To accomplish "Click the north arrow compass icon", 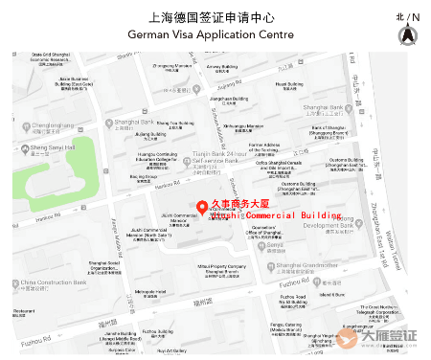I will pos(407,34).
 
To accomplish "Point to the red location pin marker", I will pos(201,208).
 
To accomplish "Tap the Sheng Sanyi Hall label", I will pos(54,147).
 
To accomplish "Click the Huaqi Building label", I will pos(289,85).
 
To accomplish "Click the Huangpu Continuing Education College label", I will pos(159,158).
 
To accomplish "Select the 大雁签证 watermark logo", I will pos(389,337).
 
